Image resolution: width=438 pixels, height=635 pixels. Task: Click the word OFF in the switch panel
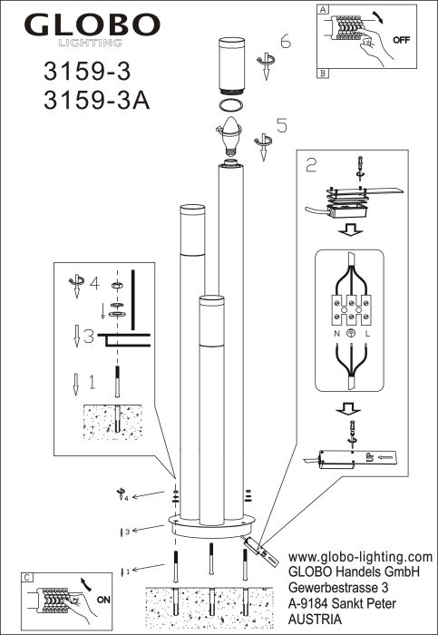[401, 40]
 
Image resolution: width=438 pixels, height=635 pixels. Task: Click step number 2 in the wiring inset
[312, 166]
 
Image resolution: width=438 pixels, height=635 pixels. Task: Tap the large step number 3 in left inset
[89, 337]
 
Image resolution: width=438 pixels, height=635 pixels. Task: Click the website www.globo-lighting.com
[360, 556]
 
